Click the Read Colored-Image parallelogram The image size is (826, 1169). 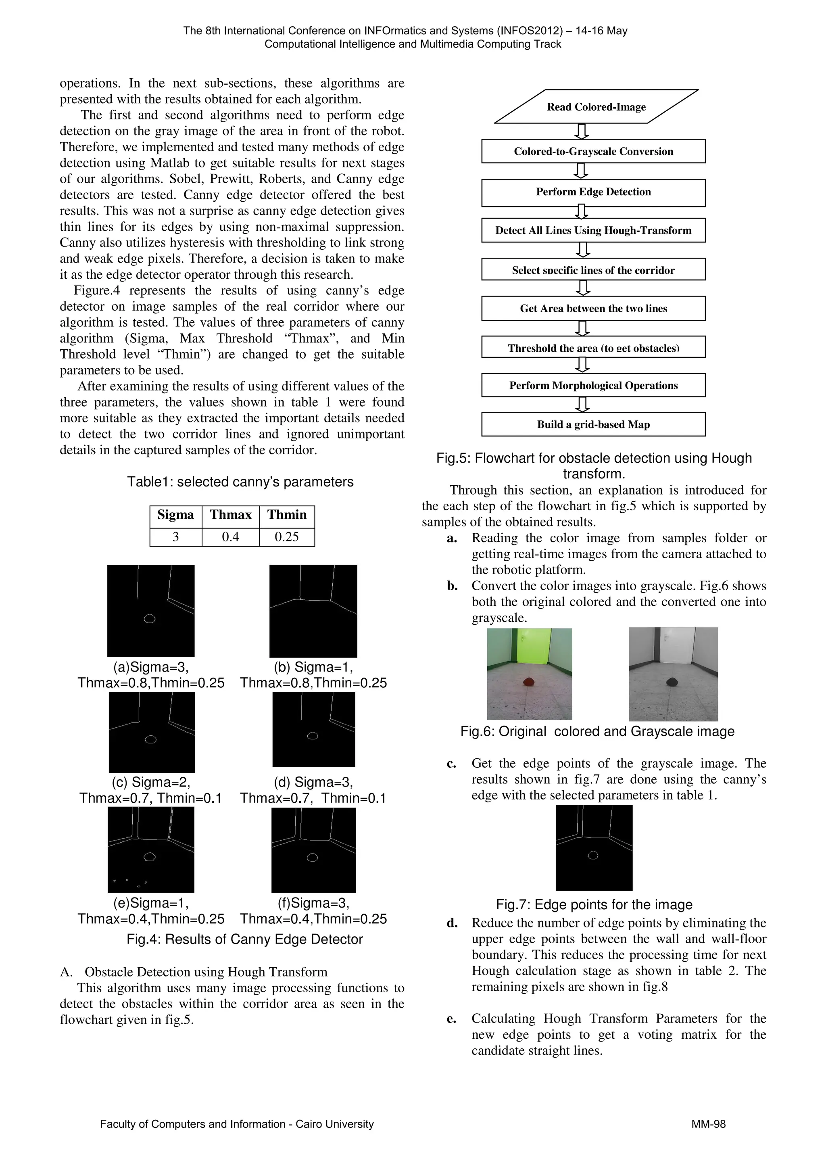(x=596, y=107)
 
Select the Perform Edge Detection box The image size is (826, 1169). (x=593, y=192)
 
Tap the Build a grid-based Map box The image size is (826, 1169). (x=593, y=425)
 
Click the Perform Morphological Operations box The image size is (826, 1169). (x=593, y=385)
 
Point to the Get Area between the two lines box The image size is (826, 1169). (x=593, y=309)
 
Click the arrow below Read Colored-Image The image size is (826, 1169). (x=581, y=131)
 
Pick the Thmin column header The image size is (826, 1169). (x=287, y=515)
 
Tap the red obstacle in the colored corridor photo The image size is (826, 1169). (x=529, y=681)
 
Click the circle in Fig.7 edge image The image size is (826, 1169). (x=593, y=855)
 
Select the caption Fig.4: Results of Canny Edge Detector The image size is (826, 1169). (x=245, y=939)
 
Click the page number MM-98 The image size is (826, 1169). (x=709, y=1124)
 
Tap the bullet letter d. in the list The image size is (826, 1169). (x=452, y=923)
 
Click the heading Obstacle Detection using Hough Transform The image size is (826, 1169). (x=206, y=972)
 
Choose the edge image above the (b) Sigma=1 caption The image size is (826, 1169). (x=313, y=611)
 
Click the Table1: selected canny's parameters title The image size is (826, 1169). (x=240, y=482)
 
